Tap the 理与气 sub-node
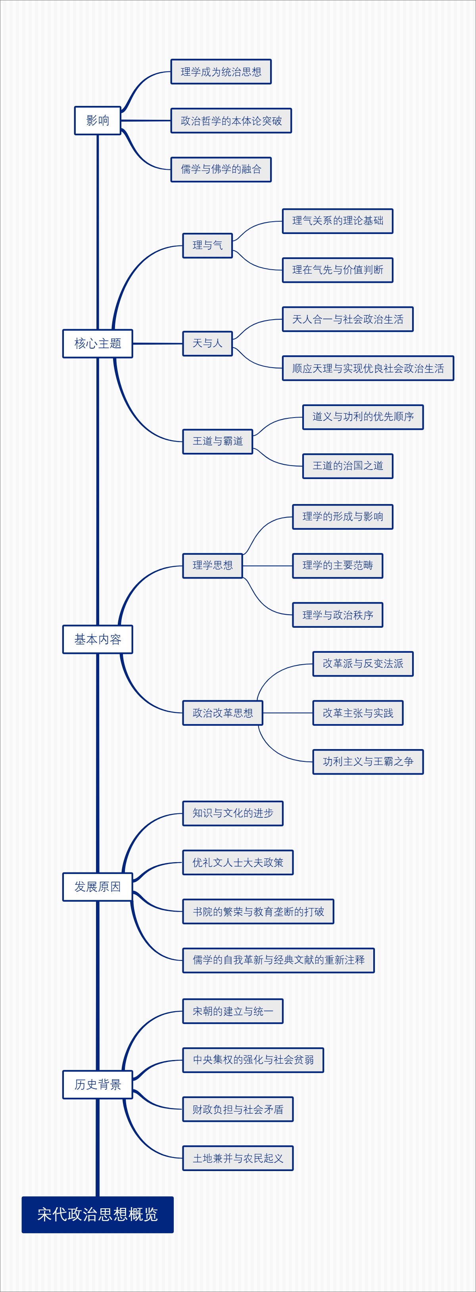tap(207, 245)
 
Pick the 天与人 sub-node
tap(207, 343)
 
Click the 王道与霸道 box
tap(217, 441)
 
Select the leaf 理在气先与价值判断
tap(337, 270)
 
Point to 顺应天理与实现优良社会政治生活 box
tap(368, 368)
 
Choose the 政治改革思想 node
tap(222, 713)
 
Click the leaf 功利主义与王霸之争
tap(368, 762)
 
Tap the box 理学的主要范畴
tap(337, 566)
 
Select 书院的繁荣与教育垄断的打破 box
tap(258, 911)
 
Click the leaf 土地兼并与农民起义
tap(238, 1158)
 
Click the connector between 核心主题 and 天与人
tap(157, 343)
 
